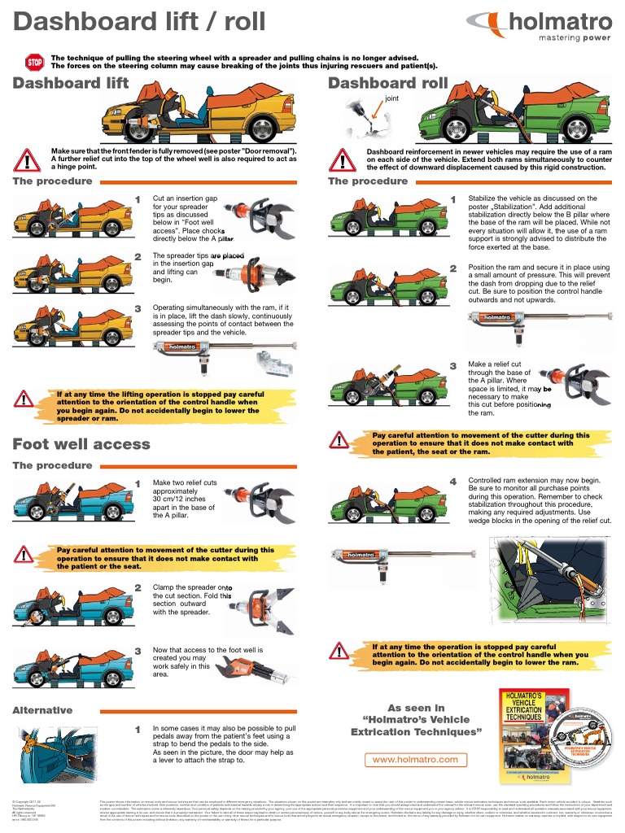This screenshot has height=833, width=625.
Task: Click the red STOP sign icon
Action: tap(35, 62)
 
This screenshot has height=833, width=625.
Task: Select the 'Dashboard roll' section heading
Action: tap(387, 83)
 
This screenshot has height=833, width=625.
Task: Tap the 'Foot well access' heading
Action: tap(81, 444)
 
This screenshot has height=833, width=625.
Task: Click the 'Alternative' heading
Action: tap(42, 710)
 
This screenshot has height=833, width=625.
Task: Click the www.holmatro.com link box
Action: tap(415, 759)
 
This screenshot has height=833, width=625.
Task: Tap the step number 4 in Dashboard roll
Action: tap(453, 482)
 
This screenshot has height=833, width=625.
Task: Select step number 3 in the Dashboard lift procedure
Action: tap(138, 309)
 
